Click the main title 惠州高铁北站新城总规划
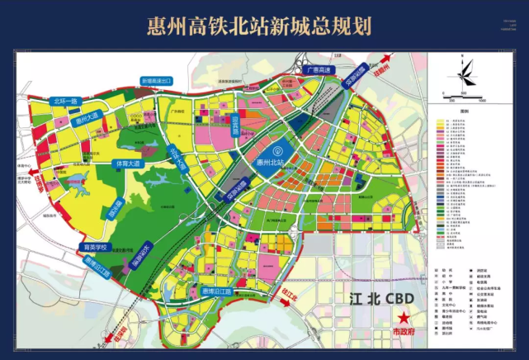click(264, 24)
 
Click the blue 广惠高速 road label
click(319, 71)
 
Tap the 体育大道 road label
click(130, 163)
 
